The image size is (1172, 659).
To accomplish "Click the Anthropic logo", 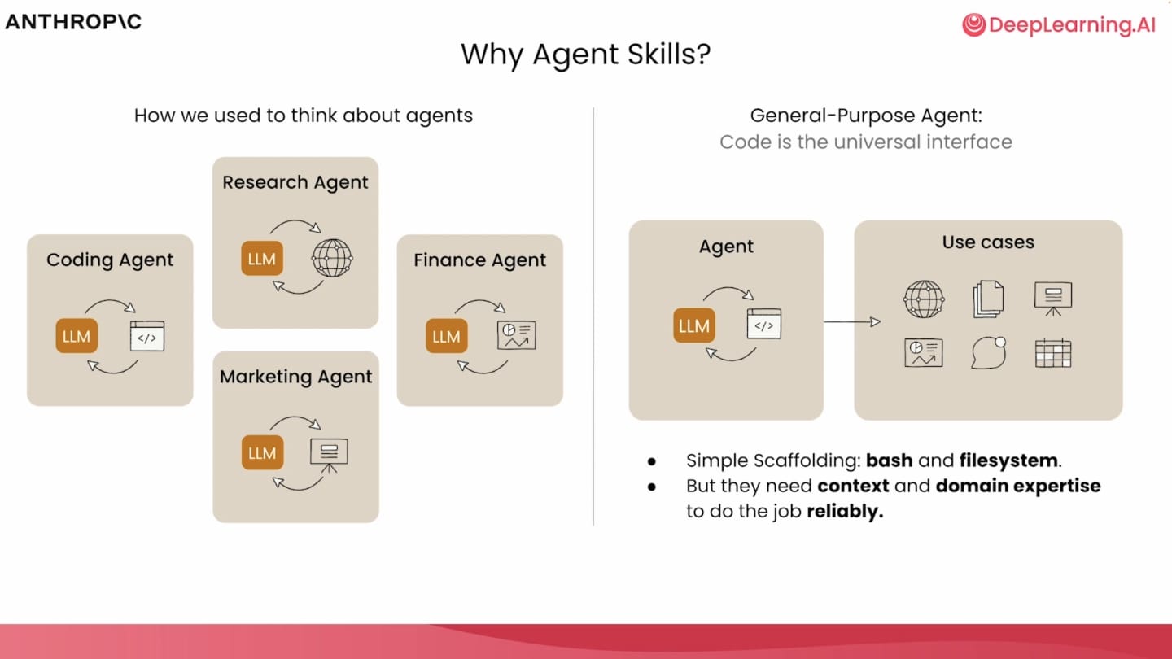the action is coord(73,22).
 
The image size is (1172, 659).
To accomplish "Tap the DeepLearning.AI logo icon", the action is coord(973,24).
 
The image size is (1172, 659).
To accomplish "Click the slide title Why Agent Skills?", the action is coord(585,55).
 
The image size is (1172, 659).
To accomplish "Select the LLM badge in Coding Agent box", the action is coord(77,336).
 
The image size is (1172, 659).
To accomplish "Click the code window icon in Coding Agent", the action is coord(147,336).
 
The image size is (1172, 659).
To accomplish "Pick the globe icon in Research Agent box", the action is coord(332,258).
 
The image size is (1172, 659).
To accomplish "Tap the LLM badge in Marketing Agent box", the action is coord(262,452).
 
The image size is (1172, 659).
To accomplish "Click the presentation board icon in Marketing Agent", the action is coord(329,456).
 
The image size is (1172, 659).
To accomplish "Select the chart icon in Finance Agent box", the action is coord(516,335).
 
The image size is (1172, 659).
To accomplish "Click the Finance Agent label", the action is coord(479,260).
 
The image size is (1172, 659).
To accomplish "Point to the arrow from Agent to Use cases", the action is coord(852,321).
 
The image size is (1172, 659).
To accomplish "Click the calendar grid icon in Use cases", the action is coord(1052,353).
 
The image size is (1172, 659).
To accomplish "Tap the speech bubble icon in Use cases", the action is coord(988,352).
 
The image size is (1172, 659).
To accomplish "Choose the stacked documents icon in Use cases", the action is coord(988,299).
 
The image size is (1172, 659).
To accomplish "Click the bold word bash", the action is coord(889,460).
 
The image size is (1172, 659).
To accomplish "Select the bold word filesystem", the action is coord(1008,460).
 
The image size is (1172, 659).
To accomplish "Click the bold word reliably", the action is coord(845,511).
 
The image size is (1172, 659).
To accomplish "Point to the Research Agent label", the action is coord(295,182).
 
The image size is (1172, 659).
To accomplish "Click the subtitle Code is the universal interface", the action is coord(866,142).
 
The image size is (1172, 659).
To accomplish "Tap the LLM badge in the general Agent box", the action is coord(693,325).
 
